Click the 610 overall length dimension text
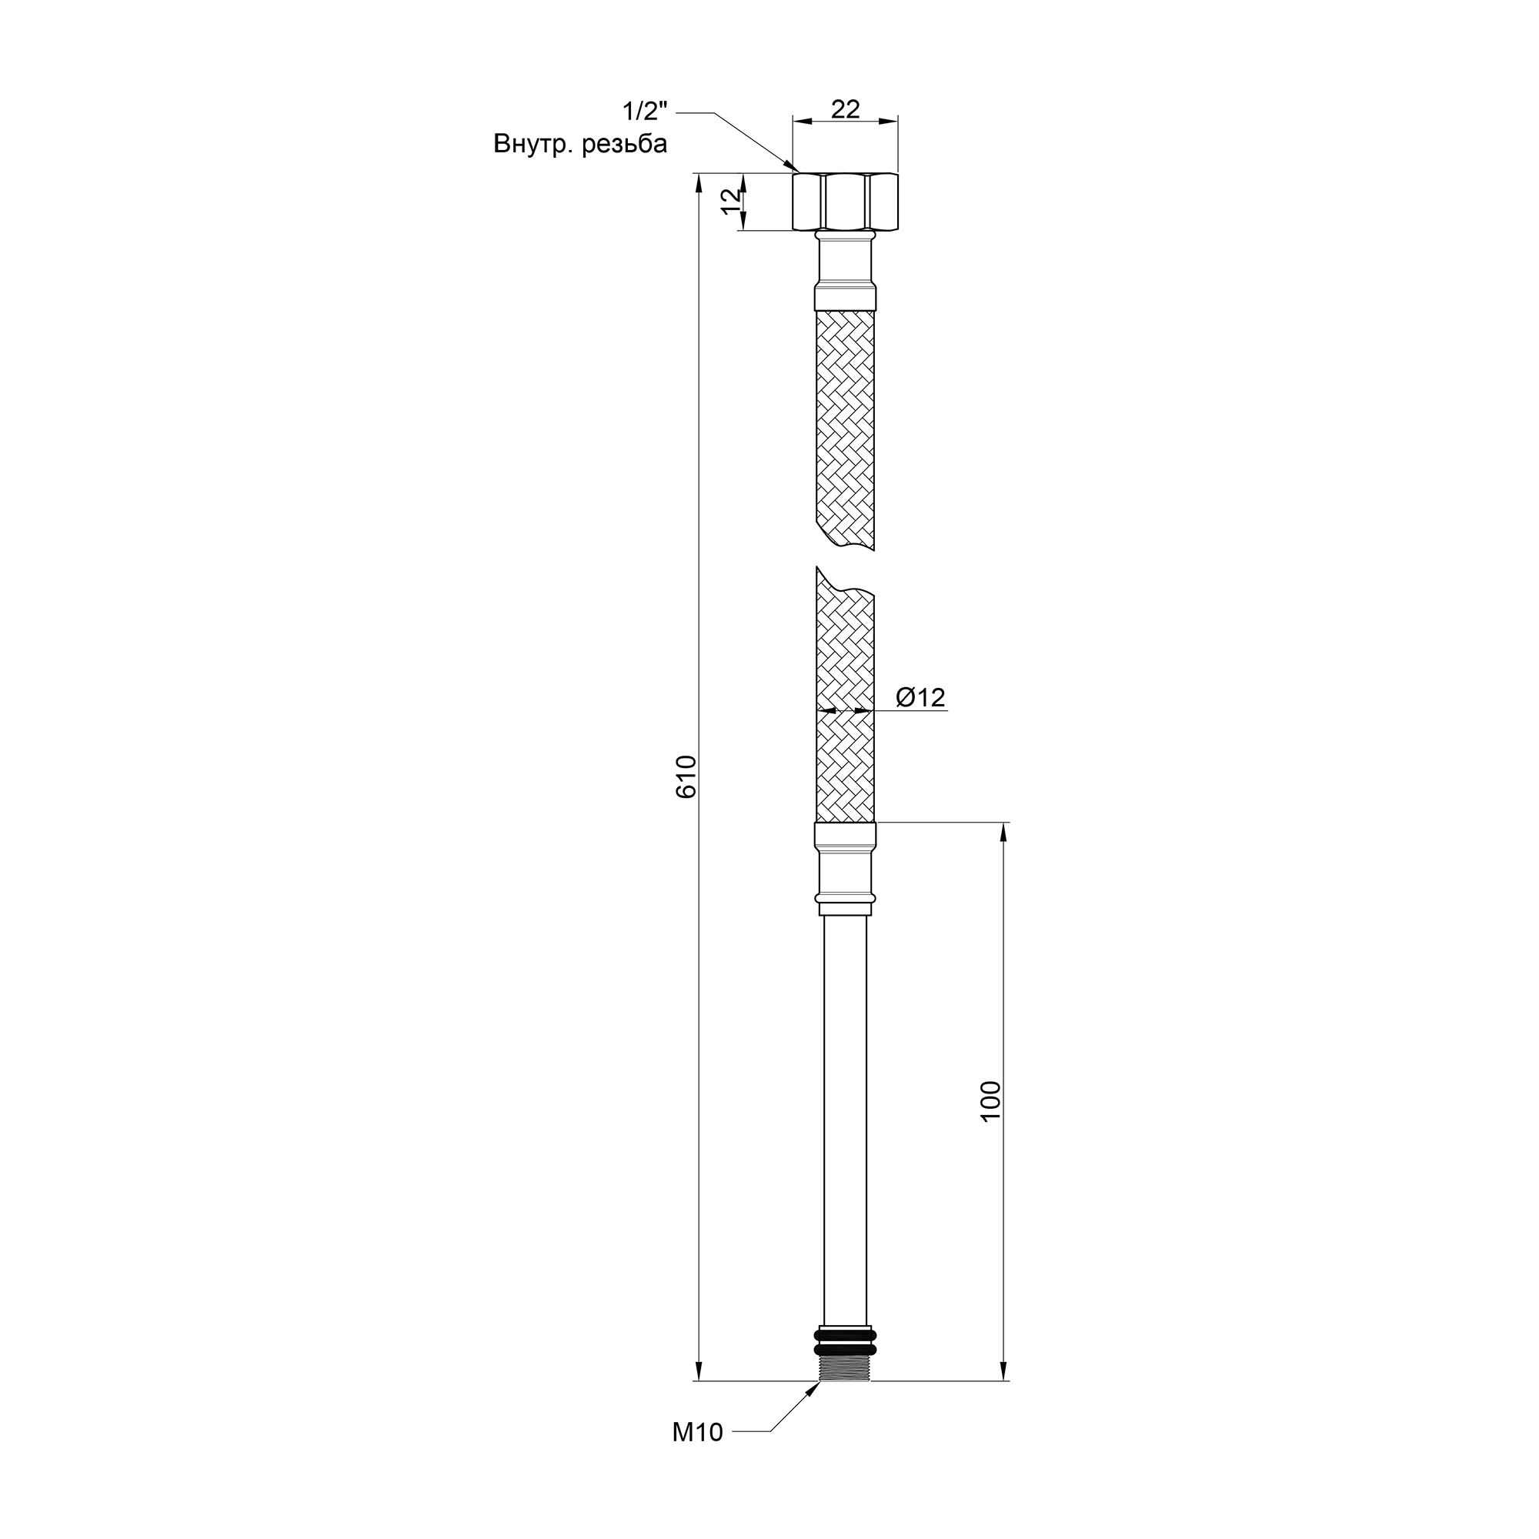tap(686, 776)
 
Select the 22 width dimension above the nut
tap(845, 109)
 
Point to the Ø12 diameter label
tap(920, 698)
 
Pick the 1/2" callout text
tap(644, 109)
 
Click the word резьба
tap(625, 144)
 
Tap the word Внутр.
tap(533, 144)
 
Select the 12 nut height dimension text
tap(730, 202)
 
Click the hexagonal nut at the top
tap(845, 202)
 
